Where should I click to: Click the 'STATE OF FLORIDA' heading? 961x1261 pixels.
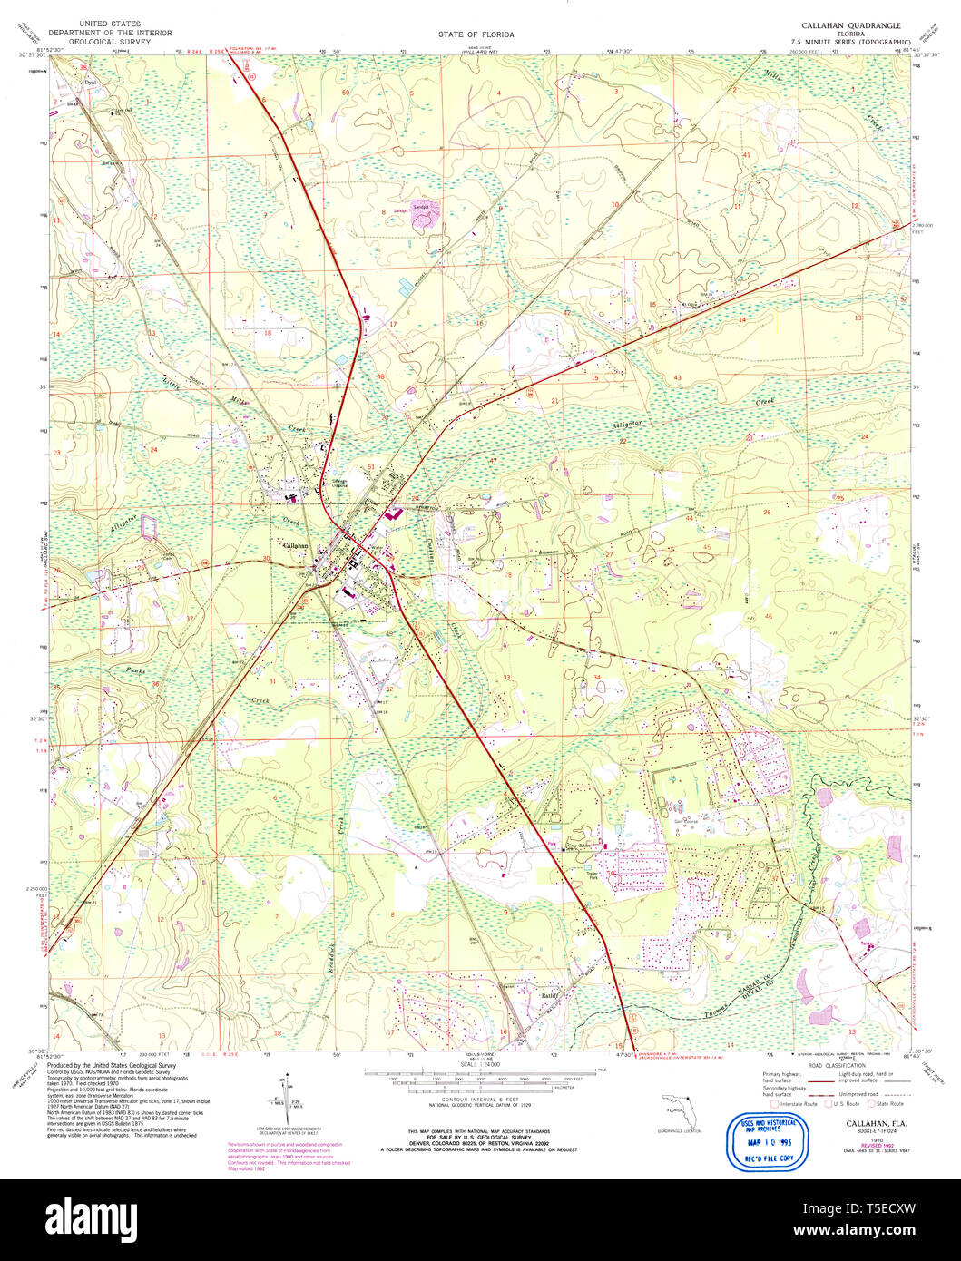(x=476, y=34)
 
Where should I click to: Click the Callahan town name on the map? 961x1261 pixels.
(x=296, y=545)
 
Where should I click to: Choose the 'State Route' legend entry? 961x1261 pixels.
(x=889, y=1104)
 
